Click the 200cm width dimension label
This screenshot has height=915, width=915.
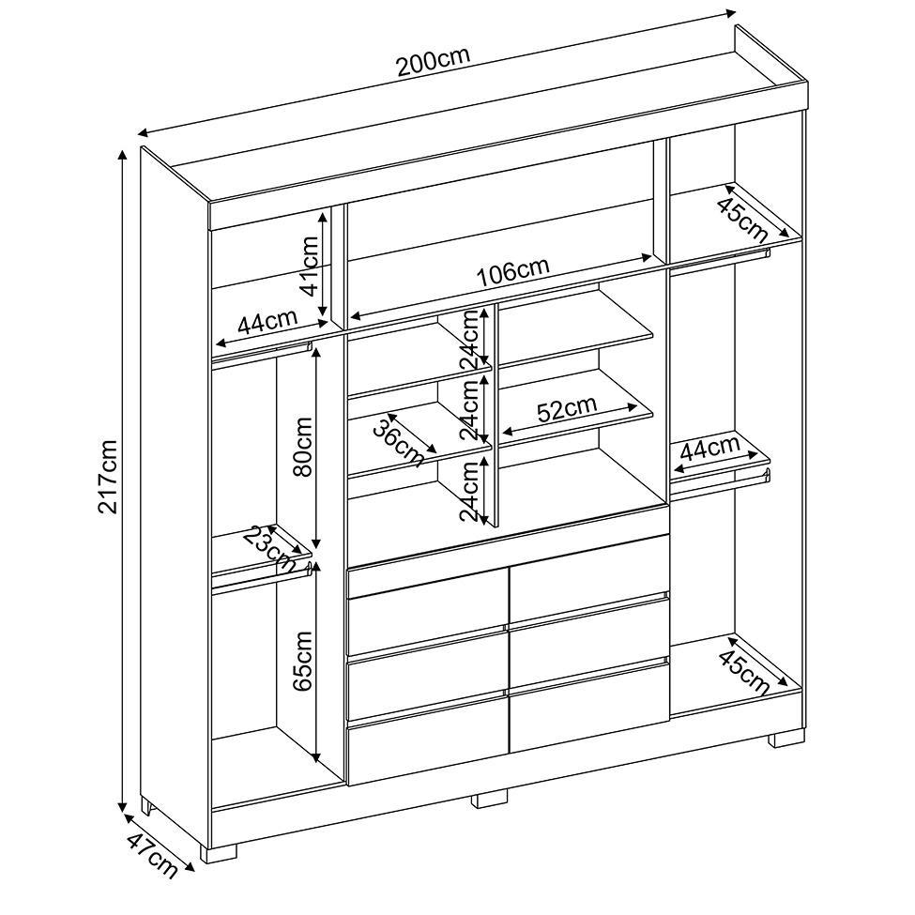433,61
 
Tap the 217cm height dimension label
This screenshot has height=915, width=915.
109,476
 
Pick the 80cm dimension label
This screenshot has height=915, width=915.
303,447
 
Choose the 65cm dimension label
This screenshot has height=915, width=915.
303,662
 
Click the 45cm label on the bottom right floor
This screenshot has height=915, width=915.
744,674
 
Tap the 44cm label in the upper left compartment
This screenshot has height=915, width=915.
267,321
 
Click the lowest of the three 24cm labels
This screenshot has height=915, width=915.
470,489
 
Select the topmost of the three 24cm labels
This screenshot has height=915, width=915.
470,339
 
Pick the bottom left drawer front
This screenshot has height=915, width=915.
429,754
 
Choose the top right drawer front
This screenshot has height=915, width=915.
589,579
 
